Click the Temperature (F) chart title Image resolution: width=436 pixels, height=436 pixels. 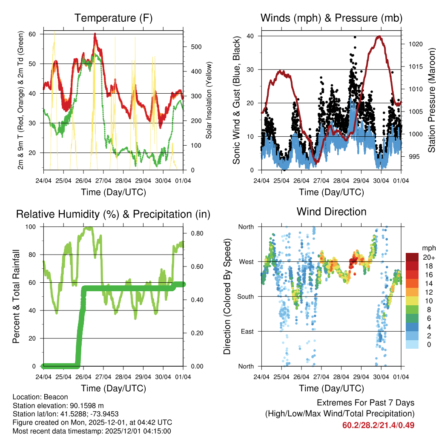[x=113, y=18]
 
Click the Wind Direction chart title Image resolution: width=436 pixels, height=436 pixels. [x=331, y=211]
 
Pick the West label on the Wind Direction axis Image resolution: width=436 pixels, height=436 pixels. [x=246, y=261]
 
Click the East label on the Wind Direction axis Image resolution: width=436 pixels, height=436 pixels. [x=247, y=331]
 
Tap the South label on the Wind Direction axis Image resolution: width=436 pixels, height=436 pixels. [x=245, y=296]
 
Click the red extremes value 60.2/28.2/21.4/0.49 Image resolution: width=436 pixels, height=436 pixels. [x=378, y=425]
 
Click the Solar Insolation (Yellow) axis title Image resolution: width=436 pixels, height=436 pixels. [x=209, y=100]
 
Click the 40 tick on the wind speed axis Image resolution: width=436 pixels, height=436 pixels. [x=252, y=36]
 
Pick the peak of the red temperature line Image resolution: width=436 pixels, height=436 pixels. [x=95, y=34]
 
